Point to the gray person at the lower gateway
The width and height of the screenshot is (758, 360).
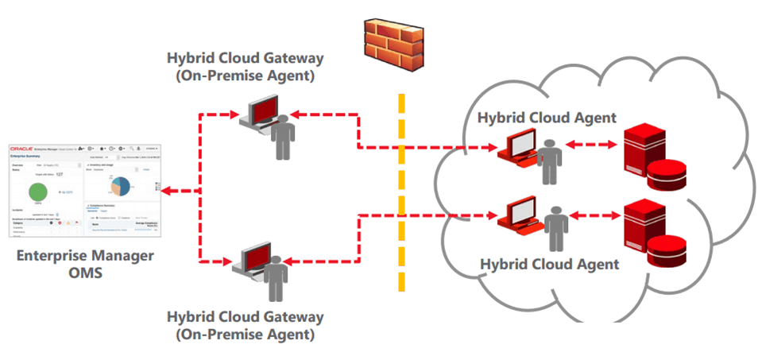pyautogui.click(x=276, y=277)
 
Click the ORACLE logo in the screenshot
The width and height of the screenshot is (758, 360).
pyautogui.click(x=22, y=149)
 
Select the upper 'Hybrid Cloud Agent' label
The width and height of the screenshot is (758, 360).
pyautogui.click(x=547, y=118)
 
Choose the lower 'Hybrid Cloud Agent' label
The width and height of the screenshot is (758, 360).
pyautogui.click(x=551, y=263)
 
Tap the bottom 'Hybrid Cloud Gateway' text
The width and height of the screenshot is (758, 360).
pyautogui.click(x=245, y=316)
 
